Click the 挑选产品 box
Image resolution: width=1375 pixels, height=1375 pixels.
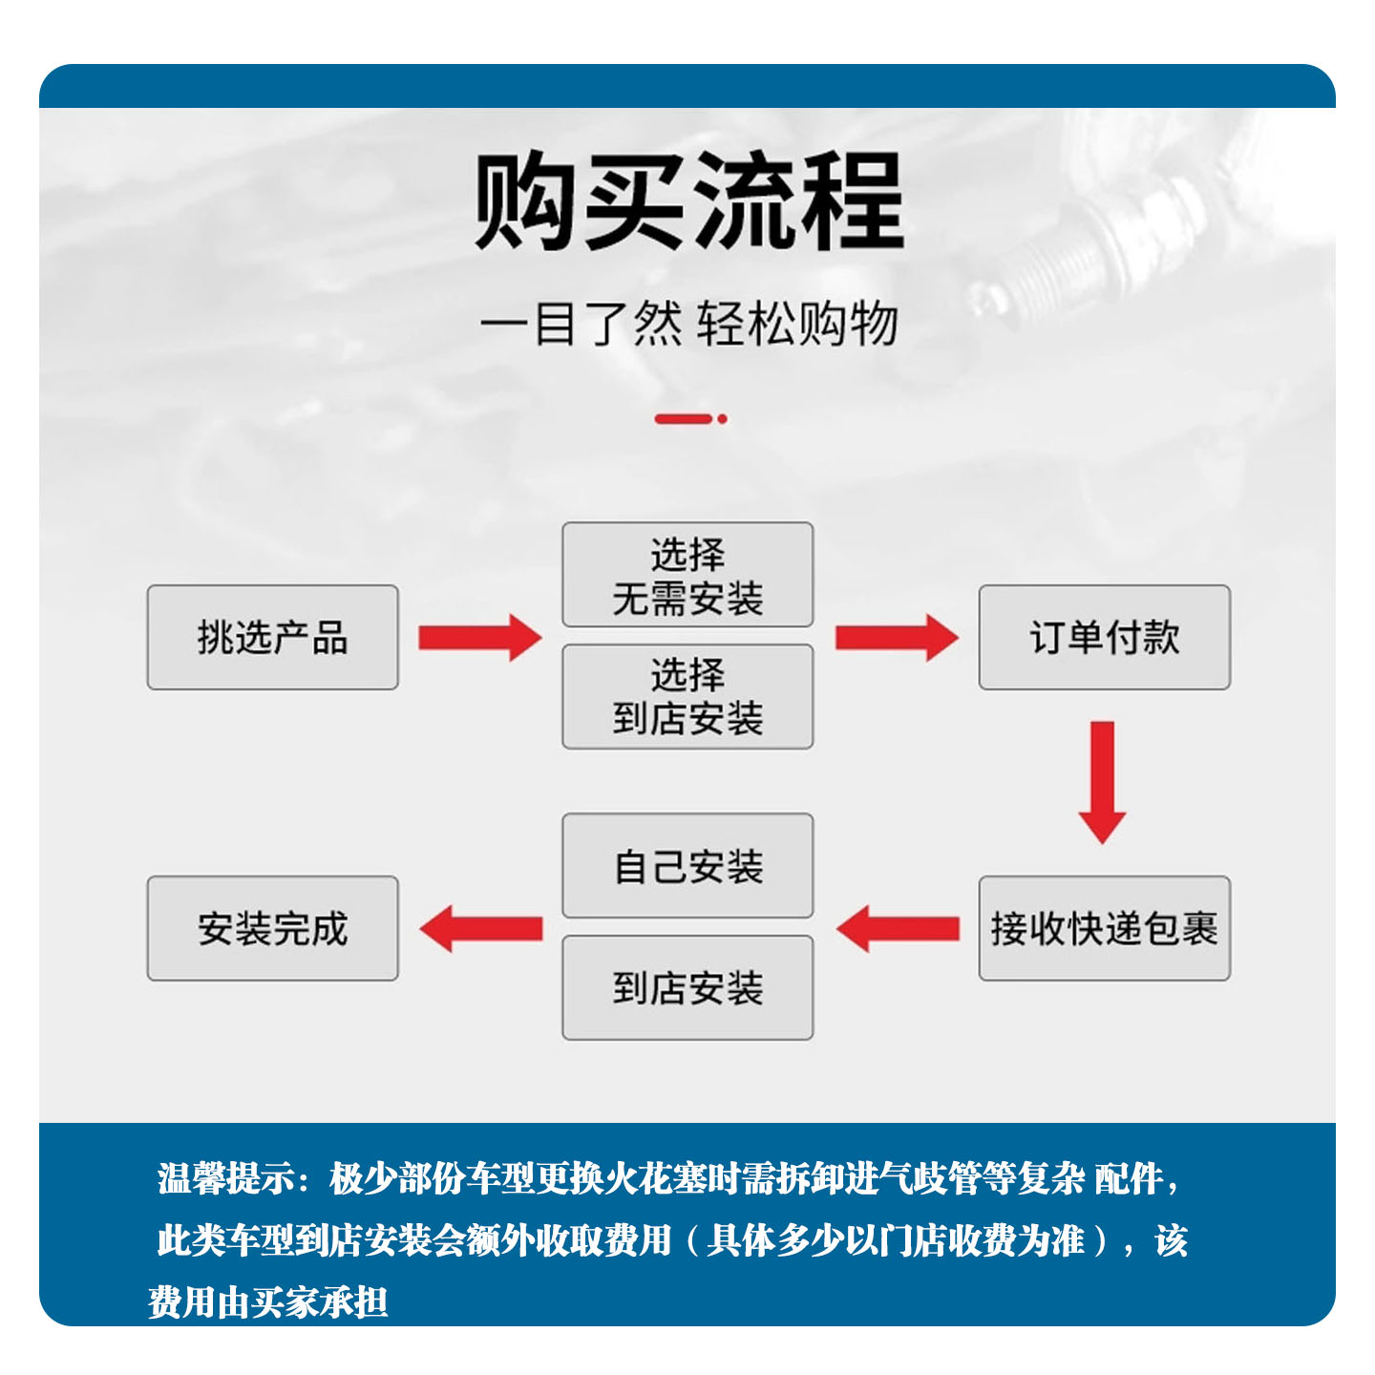[272, 637]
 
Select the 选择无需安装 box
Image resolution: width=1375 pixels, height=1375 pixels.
[687, 575]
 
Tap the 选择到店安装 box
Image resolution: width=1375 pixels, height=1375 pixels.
[687, 696]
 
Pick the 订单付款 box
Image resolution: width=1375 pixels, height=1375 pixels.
[1104, 637]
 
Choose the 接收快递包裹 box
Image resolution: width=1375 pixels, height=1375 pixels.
[1104, 928]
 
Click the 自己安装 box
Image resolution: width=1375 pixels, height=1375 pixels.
[687, 866]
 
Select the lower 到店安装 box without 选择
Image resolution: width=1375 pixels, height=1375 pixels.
[687, 987]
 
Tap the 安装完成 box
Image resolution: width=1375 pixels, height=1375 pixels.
[272, 928]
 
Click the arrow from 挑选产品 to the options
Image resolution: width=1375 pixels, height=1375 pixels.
[479, 638]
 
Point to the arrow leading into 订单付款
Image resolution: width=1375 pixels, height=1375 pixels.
[896, 638]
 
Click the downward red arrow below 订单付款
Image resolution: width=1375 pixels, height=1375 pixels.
[1103, 781]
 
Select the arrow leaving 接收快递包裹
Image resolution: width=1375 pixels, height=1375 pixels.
[898, 928]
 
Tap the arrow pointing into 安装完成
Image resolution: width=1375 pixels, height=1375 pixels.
[481, 928]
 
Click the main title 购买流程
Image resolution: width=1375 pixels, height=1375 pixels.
[688, 201]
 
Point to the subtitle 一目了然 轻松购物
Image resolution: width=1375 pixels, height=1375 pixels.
[688, 324]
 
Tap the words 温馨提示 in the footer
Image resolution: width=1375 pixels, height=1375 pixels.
[225, 1178]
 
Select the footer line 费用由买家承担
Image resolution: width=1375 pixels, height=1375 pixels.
[268, 1301]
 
